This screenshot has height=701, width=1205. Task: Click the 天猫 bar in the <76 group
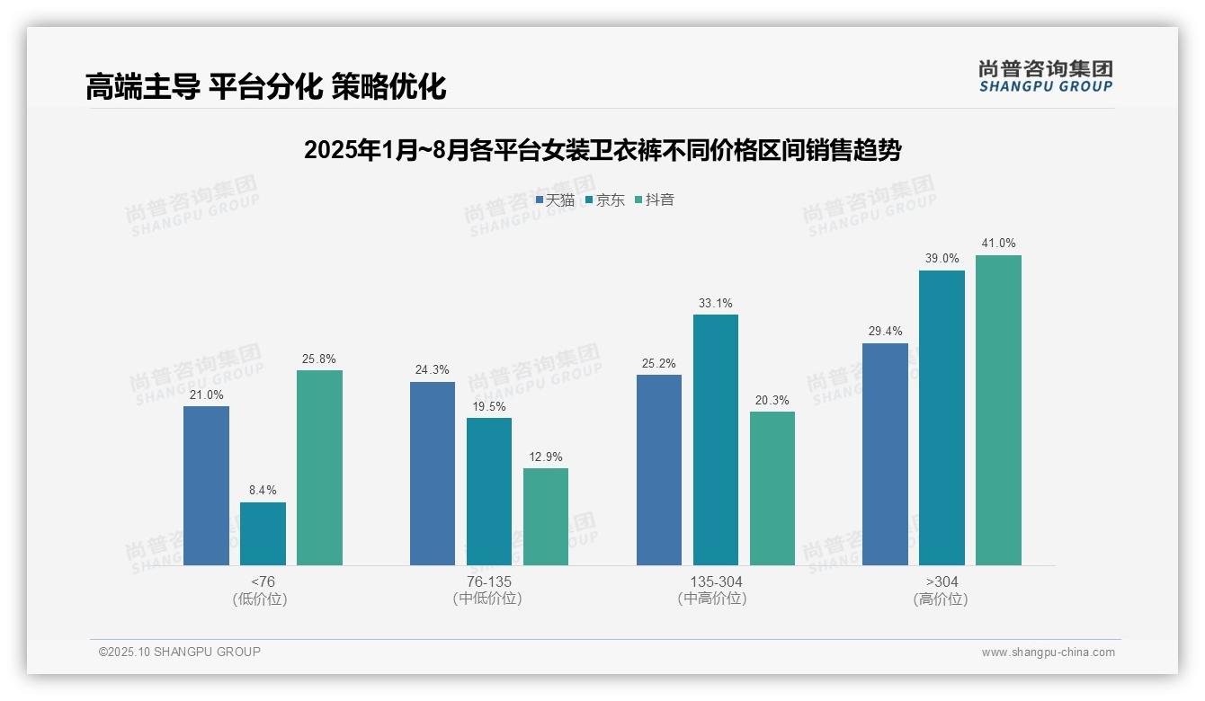pos(206,485)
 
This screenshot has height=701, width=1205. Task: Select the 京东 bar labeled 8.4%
pos(263,534)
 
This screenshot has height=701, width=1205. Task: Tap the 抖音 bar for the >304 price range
pos(998,410)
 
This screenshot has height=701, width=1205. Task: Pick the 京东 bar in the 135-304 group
pos(715,439)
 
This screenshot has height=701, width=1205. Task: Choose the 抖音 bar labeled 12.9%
pos(546,517)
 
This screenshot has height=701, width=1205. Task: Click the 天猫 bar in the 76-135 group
pos(433,474)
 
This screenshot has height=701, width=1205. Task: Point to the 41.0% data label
pos(998,244)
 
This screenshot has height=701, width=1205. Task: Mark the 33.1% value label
pos(715,303)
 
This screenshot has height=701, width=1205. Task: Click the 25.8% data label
pos(319,359)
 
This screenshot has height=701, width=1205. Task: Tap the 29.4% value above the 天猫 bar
pos(885,332)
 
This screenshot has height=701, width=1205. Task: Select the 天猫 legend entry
pos(555,200)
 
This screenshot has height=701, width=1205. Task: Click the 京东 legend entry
pos(604,200)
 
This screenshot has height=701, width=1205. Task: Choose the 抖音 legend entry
pos(655,200)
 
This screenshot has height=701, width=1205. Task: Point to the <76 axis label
pos(263,581)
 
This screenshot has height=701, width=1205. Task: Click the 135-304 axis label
pos(715,581)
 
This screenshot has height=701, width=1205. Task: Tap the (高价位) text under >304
pos(942,599)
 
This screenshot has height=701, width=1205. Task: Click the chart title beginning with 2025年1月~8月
pos(602,150)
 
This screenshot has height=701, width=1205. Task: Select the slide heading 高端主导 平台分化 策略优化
pos(266,87)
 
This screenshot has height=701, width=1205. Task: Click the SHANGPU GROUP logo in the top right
pos(1045,76)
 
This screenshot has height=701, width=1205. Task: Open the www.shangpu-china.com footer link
pos(1048,652)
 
